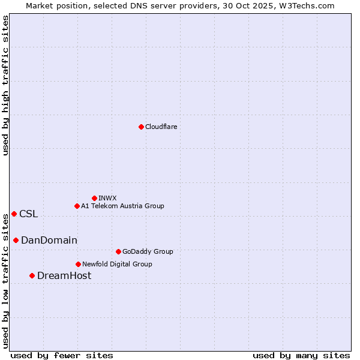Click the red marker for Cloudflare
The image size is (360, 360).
[141, 127]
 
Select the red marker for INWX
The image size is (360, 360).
[94, 198]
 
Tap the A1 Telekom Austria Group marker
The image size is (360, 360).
[77, 206]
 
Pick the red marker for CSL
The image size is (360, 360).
[14, 214]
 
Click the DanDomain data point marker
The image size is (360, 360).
[16, 240]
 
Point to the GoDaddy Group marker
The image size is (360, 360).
[118, 251]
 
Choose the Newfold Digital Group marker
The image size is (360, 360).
[78, 264]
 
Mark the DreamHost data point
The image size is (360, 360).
[32, 275]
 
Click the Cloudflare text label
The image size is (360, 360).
[161, 127]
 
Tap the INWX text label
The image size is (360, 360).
[107, 198]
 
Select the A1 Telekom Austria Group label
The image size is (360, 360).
[122, 206]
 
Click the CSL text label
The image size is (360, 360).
[28, 214]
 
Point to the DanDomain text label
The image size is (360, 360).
[49, 240]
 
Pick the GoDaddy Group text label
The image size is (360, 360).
[148, 251]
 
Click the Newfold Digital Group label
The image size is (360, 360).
[117, 264]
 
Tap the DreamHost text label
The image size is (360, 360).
[64, 275]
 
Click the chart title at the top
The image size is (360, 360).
[180, 5]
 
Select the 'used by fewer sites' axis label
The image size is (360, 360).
[62, 355]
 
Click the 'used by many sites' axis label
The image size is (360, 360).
[301, 355]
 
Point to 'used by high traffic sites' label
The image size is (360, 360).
[5, 85]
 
